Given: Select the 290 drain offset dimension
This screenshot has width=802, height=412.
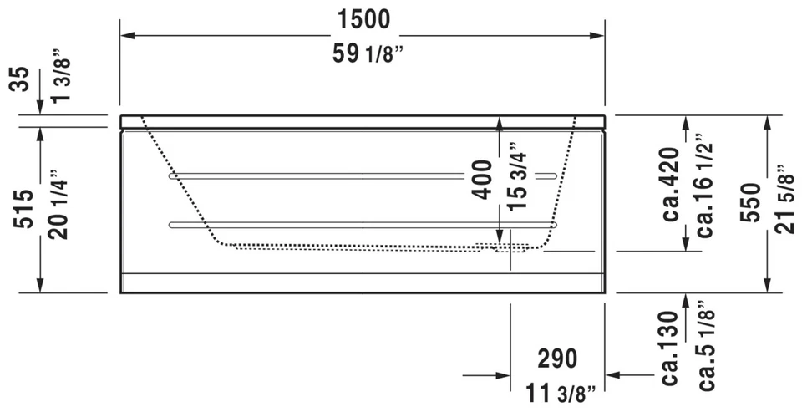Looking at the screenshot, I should tap(556, 359).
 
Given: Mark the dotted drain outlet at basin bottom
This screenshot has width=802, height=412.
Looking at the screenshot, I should tap(504, 247).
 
